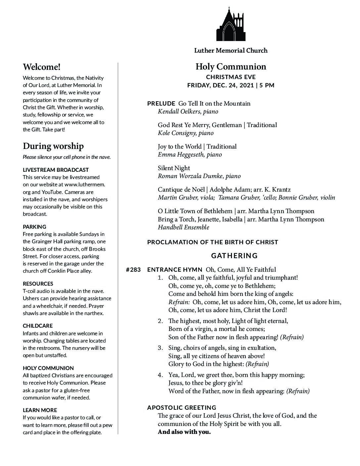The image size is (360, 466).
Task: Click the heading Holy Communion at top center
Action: point(231,67)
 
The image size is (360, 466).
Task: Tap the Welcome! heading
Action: point(42,67)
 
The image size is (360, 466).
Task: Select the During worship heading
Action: point(53,146)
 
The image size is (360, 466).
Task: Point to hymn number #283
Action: point(133,270)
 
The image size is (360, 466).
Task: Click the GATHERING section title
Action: point(234,256)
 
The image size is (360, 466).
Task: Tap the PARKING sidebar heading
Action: point(34,227)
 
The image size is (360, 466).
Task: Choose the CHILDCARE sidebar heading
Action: point(38,326)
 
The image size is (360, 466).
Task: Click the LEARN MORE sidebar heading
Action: point(40,410)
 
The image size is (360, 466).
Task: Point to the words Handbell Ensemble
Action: point(183,227)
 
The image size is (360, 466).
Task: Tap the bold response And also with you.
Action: point(184,432)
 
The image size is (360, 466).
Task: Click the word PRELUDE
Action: point(161,104)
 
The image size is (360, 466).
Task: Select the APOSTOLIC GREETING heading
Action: point(182,407)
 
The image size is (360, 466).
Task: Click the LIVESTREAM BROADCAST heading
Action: point(56,170)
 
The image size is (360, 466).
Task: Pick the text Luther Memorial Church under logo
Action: point(231,51)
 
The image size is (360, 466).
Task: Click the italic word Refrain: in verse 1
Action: point(179,302)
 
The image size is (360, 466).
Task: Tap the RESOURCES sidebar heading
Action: point(38,284)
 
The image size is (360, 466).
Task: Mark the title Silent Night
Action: point(174,168)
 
